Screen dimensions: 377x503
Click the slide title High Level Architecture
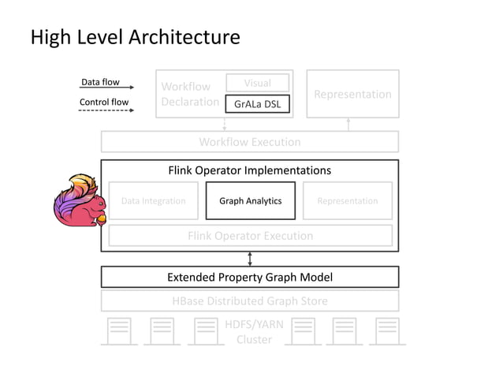click(135, 37)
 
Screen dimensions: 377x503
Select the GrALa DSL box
click(257, 104)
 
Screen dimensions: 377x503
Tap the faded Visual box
click(257, 83)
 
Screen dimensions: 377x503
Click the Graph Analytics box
click(250, 200)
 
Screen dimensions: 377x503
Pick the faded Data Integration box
click(153, 200)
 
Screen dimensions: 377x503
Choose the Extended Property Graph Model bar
click(249, 277)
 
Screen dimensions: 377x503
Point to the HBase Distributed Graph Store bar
click(249, 300)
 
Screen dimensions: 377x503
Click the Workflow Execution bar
click(249, 142)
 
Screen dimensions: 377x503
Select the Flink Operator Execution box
click(250, 235)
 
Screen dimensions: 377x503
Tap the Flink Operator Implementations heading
click(249, 170)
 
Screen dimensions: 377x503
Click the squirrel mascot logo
click(77, 202)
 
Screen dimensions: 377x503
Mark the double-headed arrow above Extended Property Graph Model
click(250, 259)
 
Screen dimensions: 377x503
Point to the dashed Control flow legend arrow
click(106, 110)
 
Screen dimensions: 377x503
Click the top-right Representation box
click(352, 94)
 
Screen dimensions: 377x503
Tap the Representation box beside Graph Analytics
click(347, 200)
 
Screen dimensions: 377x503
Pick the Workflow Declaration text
click(189, 94)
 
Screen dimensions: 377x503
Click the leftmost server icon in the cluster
click(118, 330)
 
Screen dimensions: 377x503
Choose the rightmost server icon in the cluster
click(386, 330)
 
